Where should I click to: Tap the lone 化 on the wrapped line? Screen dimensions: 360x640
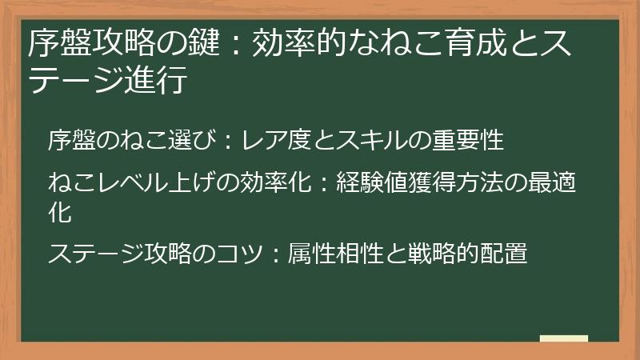pos(60,213)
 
